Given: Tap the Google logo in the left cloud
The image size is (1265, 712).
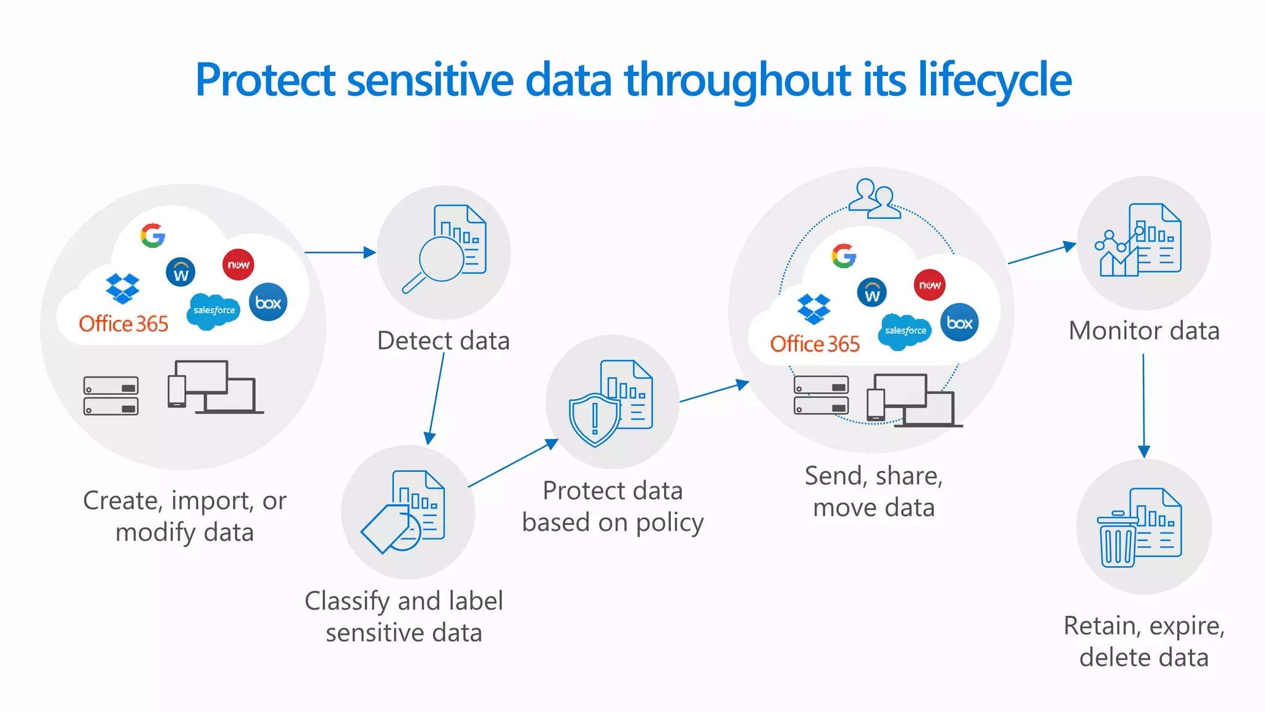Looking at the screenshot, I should [x=153, y=235].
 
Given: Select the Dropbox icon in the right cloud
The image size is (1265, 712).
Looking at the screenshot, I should [x=813, y=308].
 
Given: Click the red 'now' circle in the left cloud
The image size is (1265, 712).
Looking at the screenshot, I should [x=238, y=265].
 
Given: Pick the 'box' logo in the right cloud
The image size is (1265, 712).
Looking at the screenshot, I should [x=959, y=323].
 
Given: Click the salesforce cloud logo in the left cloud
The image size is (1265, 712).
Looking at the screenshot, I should [x=214, y=310].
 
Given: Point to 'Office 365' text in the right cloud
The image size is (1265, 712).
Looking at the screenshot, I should [x=814, y=344].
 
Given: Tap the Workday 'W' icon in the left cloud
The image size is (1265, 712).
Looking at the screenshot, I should [x=180, y=272].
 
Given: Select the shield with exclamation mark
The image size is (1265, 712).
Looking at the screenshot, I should [x=594, y=419].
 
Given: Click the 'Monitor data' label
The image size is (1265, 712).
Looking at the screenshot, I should [x=1144, y=331].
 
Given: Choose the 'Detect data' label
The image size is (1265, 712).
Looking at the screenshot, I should [x=443, y=341].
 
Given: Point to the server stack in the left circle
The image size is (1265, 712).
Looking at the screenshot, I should [x=111, y=396].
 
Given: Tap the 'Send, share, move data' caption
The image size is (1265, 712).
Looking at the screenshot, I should [x=873, y=491].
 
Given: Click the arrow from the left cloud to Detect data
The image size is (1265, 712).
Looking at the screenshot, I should [x=340, y=252].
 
